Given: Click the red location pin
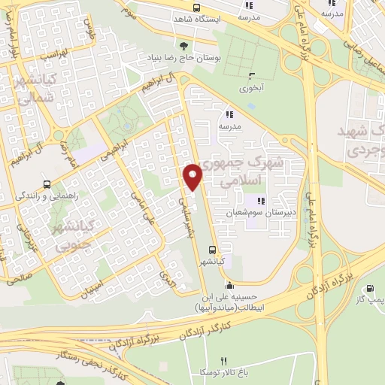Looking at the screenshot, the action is point(193,177).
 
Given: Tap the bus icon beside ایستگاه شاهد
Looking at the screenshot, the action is point(196,8).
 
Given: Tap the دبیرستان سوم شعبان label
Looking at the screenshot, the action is point(259,213).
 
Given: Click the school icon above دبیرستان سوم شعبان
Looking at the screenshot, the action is point(262,201).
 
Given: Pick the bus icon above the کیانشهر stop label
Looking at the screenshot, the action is point(213,248).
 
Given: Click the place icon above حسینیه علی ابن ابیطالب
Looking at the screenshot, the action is point(229,286).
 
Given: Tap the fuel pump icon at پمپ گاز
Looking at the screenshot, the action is point(369,289).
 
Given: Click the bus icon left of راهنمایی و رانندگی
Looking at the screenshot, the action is point(47,184).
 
